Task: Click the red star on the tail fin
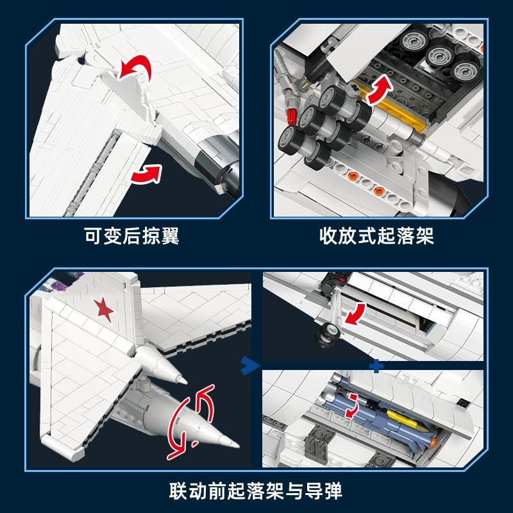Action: pos(104,309)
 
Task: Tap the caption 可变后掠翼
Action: pos(132,235)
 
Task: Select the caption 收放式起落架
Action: pos(377,235)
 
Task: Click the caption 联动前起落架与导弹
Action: pos(256,491)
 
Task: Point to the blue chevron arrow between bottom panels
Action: pos(250,366)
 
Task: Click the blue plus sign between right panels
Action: pos(376,366)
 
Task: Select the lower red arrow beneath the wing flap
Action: pos(147,174)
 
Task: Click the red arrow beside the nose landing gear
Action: pos(356,314)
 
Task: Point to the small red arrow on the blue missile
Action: pos(352,406)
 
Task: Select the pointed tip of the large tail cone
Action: pos(239,445)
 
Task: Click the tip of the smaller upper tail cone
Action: pos(187,382)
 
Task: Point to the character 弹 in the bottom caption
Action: pos(333,491)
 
